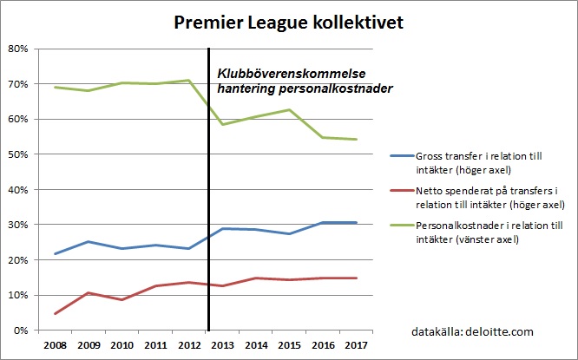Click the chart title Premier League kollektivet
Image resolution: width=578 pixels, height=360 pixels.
coord(287,22)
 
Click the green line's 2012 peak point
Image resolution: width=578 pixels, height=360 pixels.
coord(189,81)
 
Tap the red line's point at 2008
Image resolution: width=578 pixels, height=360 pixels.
coord(55,313)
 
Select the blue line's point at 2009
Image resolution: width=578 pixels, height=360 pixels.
coord(89,242)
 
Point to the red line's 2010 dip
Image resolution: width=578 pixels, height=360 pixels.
coord(122,299)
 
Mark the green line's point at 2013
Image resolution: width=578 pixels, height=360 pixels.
coord(223,124)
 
